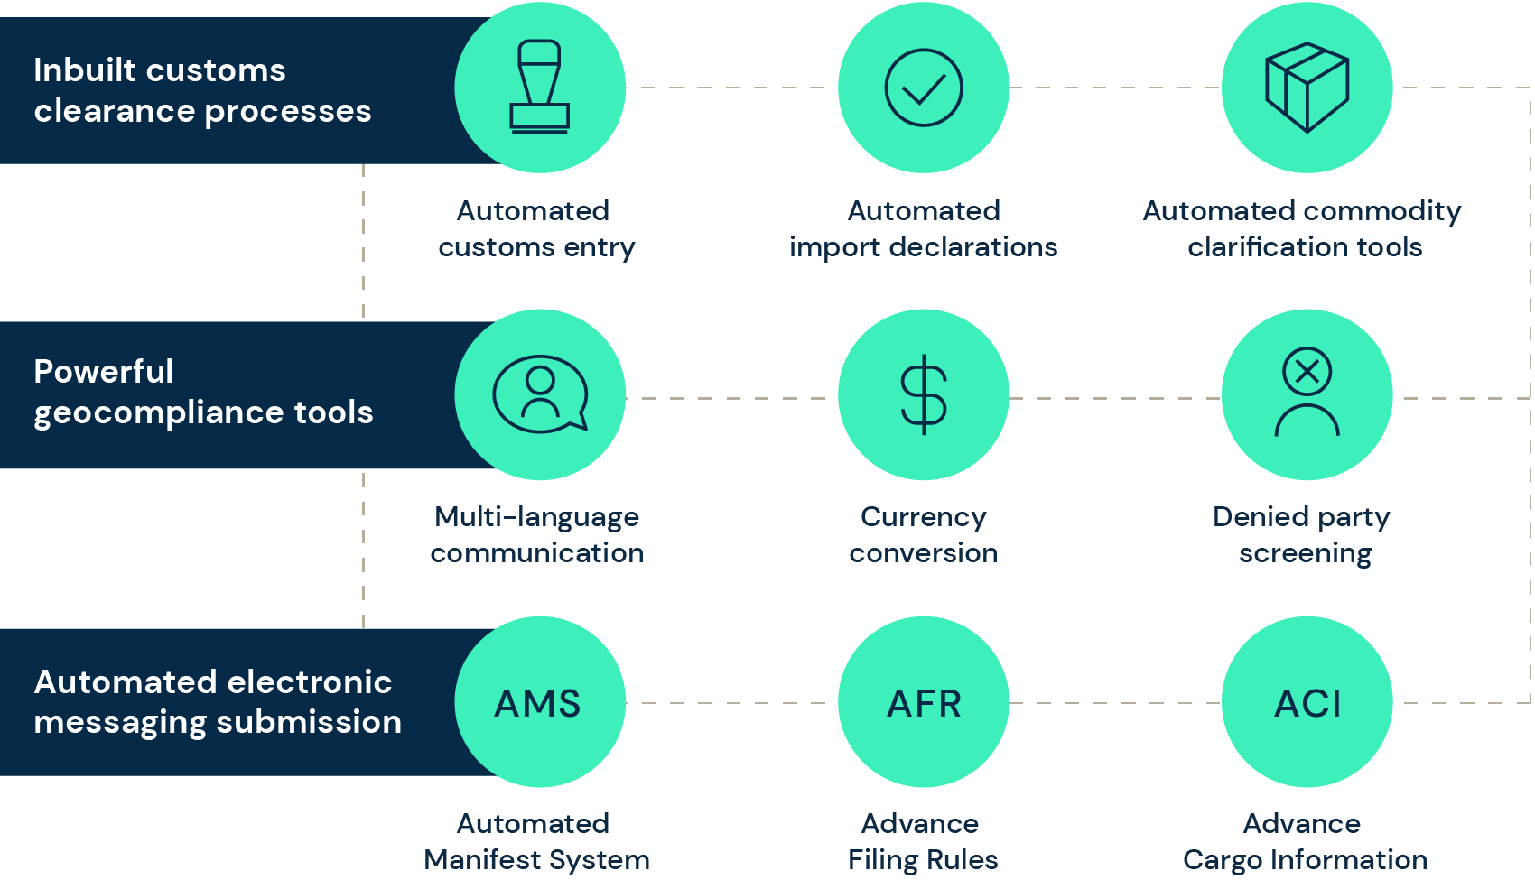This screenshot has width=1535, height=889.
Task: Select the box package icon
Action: pyautogui.click(x=1307, y=87)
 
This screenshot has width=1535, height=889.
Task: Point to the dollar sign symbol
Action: pyautogui.click(x=924, y=394)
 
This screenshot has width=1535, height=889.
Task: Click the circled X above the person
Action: pyautogui.click(x=1307, y=372)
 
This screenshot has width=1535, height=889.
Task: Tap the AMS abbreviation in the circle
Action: pyautogui.click(x=537, y=703)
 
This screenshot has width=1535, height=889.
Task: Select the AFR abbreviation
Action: pyautogui.click(x=924, y=703)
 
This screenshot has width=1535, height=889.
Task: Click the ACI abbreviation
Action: pyautogui.click(x=1307, y=703)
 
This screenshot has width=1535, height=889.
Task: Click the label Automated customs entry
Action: pyautogui.click(x=536, y=228)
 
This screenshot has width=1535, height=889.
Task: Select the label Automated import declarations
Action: pyautogui.click(x=923, y=228)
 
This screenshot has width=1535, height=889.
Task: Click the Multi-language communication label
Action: pyautogui.click(x=536, y=535)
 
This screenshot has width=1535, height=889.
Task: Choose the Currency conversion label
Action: pyautogui.click(x=923, y=535)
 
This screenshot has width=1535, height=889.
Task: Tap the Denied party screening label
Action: pyautogui.click(x=1302, y=535)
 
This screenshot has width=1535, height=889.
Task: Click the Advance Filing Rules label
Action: pyautogui.click(x=923, y=842)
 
